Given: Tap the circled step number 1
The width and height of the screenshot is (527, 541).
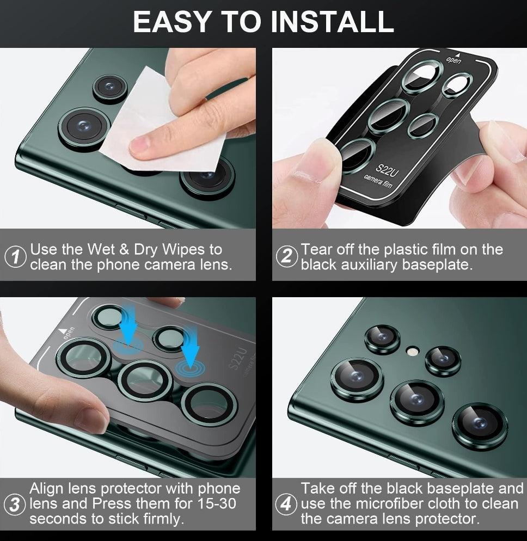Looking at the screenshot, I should click(16, 257).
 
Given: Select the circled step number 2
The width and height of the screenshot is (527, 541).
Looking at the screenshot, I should click(286, 256).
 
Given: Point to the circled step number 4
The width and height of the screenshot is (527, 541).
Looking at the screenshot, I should click(286, 504).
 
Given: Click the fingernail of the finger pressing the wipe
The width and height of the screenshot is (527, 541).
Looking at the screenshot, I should click(139, 144).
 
